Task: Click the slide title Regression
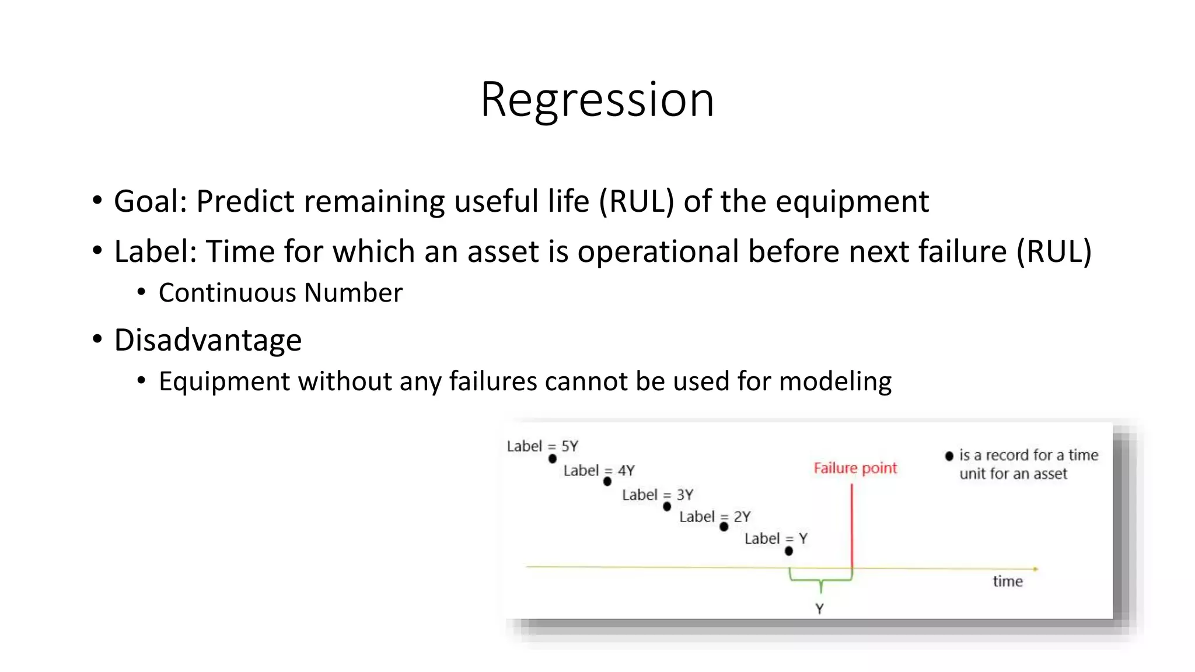[x=597, y=100]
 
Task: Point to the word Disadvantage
[x=208, y=340]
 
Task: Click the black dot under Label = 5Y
[x=553, y=459]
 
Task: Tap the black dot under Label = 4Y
[x=607, y=481]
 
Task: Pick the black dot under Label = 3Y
[x=667, y=506]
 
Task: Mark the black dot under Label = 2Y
[x=724, y=527]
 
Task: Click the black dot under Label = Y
[x=789, y=551]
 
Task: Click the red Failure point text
[x=855, y=468]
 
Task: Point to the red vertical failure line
[x=852, y=525]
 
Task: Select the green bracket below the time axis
[x=820, y=580]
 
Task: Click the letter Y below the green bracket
[x=819, y=608]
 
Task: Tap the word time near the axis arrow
[x=1008, y=581]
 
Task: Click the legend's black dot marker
[x=949, y=456]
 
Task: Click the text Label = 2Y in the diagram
[x=715, y=516]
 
